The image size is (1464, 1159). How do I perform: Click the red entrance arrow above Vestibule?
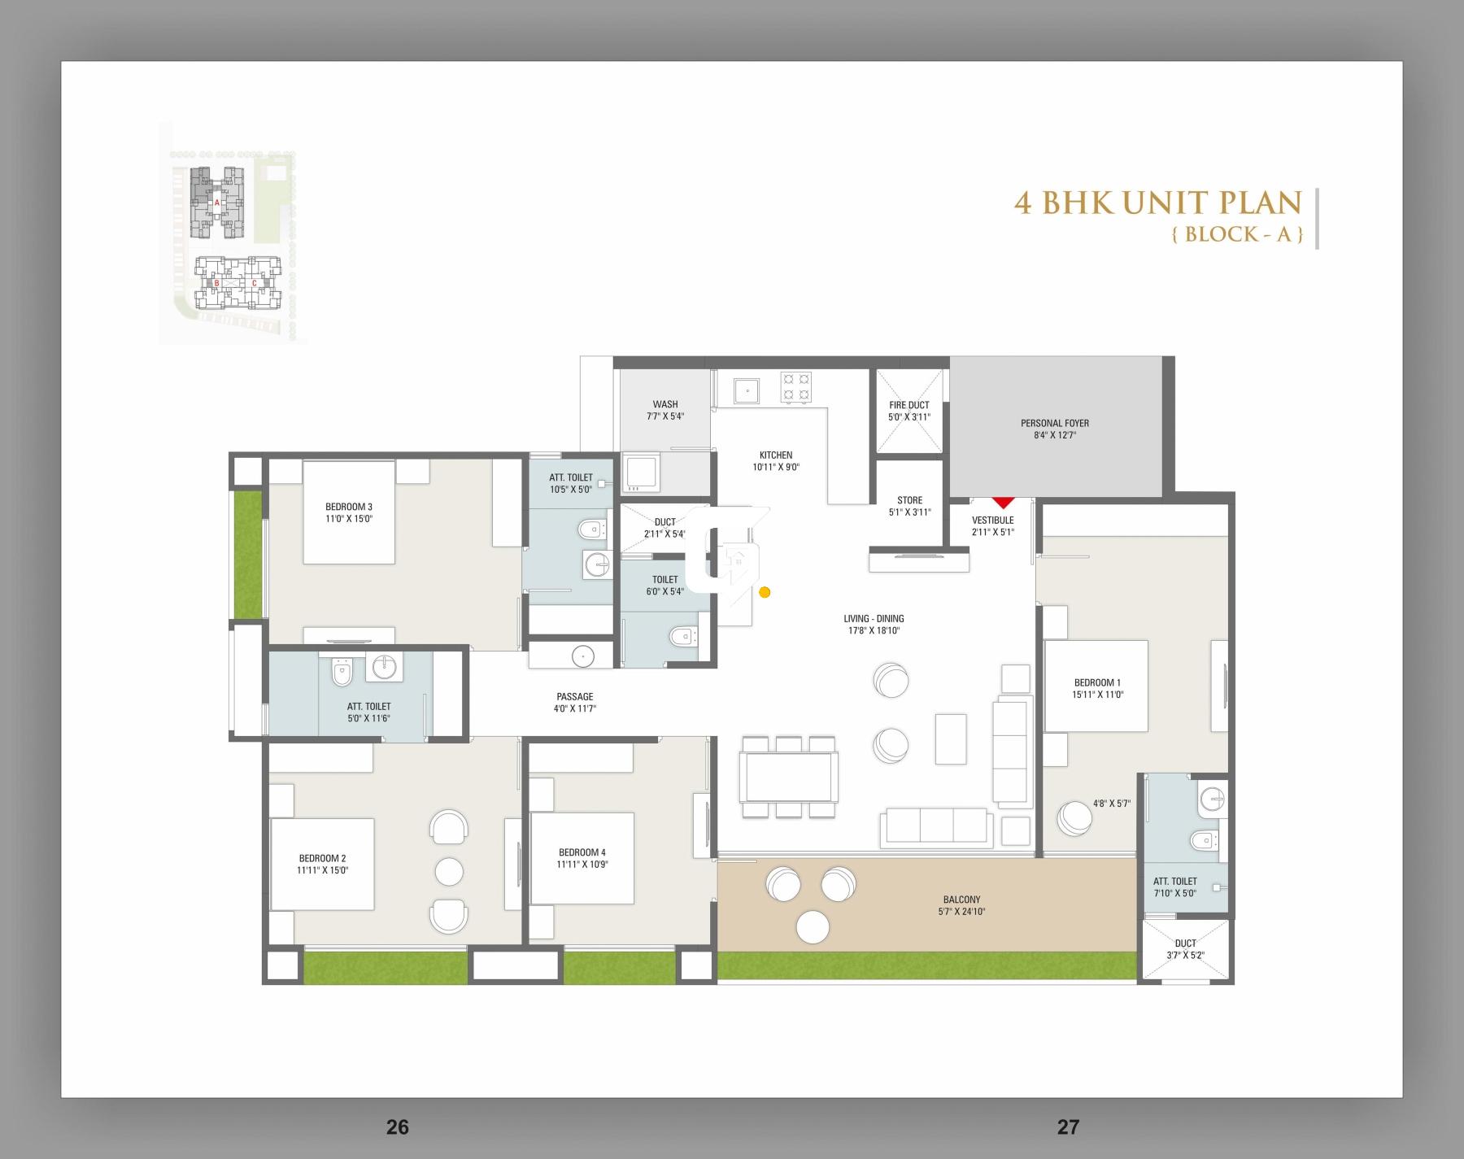pos(1003,503)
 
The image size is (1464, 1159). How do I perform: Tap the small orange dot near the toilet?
pos(765,592)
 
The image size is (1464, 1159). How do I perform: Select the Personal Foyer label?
pos(1054,423)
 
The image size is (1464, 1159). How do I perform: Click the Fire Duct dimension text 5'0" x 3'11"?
pos(908,417)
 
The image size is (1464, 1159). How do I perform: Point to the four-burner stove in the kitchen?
pos(795,387)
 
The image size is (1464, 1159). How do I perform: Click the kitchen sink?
pos(747,391)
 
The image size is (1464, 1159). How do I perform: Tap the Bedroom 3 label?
pos(348,507)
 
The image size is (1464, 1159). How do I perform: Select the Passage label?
pos(574,696)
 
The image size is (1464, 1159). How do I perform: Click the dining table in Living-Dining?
pos(788,777)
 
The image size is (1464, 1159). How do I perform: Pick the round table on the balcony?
pos(813,926)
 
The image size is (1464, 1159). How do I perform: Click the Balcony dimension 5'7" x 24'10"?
pos(961,912)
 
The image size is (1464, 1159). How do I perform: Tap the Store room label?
pos(909,500)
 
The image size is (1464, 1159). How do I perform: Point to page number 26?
pos(397,1126)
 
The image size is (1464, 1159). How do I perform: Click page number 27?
pos(1068,1126)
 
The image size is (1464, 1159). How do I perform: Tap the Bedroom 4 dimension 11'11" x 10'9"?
pos(582,865)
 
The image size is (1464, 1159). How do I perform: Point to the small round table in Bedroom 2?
pos(449,872)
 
